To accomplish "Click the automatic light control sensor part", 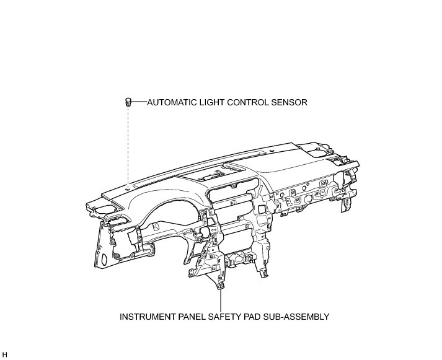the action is (128, 102).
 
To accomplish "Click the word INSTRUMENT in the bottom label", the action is (149, 316).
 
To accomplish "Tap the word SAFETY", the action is (229, 316).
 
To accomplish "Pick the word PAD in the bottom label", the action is (257, 316).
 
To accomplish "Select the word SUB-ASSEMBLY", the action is (298, 316).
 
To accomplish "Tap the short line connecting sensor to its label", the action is (138, 102).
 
